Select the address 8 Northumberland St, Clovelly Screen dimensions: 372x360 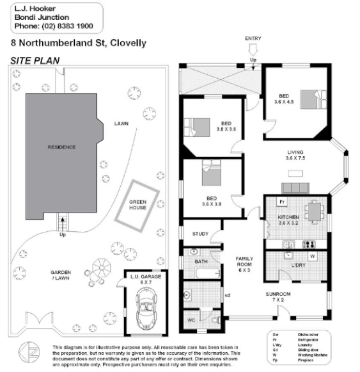[x=79, y=44]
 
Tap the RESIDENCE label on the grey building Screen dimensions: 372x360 [x=61, y=147]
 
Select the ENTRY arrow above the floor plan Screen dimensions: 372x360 [x=253, y=49]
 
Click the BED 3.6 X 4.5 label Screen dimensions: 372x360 [x=282, y=98]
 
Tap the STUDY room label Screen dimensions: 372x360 [x=200, y=234]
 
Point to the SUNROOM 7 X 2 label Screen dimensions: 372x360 [x=279, y=298]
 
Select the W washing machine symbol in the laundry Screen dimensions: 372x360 [x=313, y=257]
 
